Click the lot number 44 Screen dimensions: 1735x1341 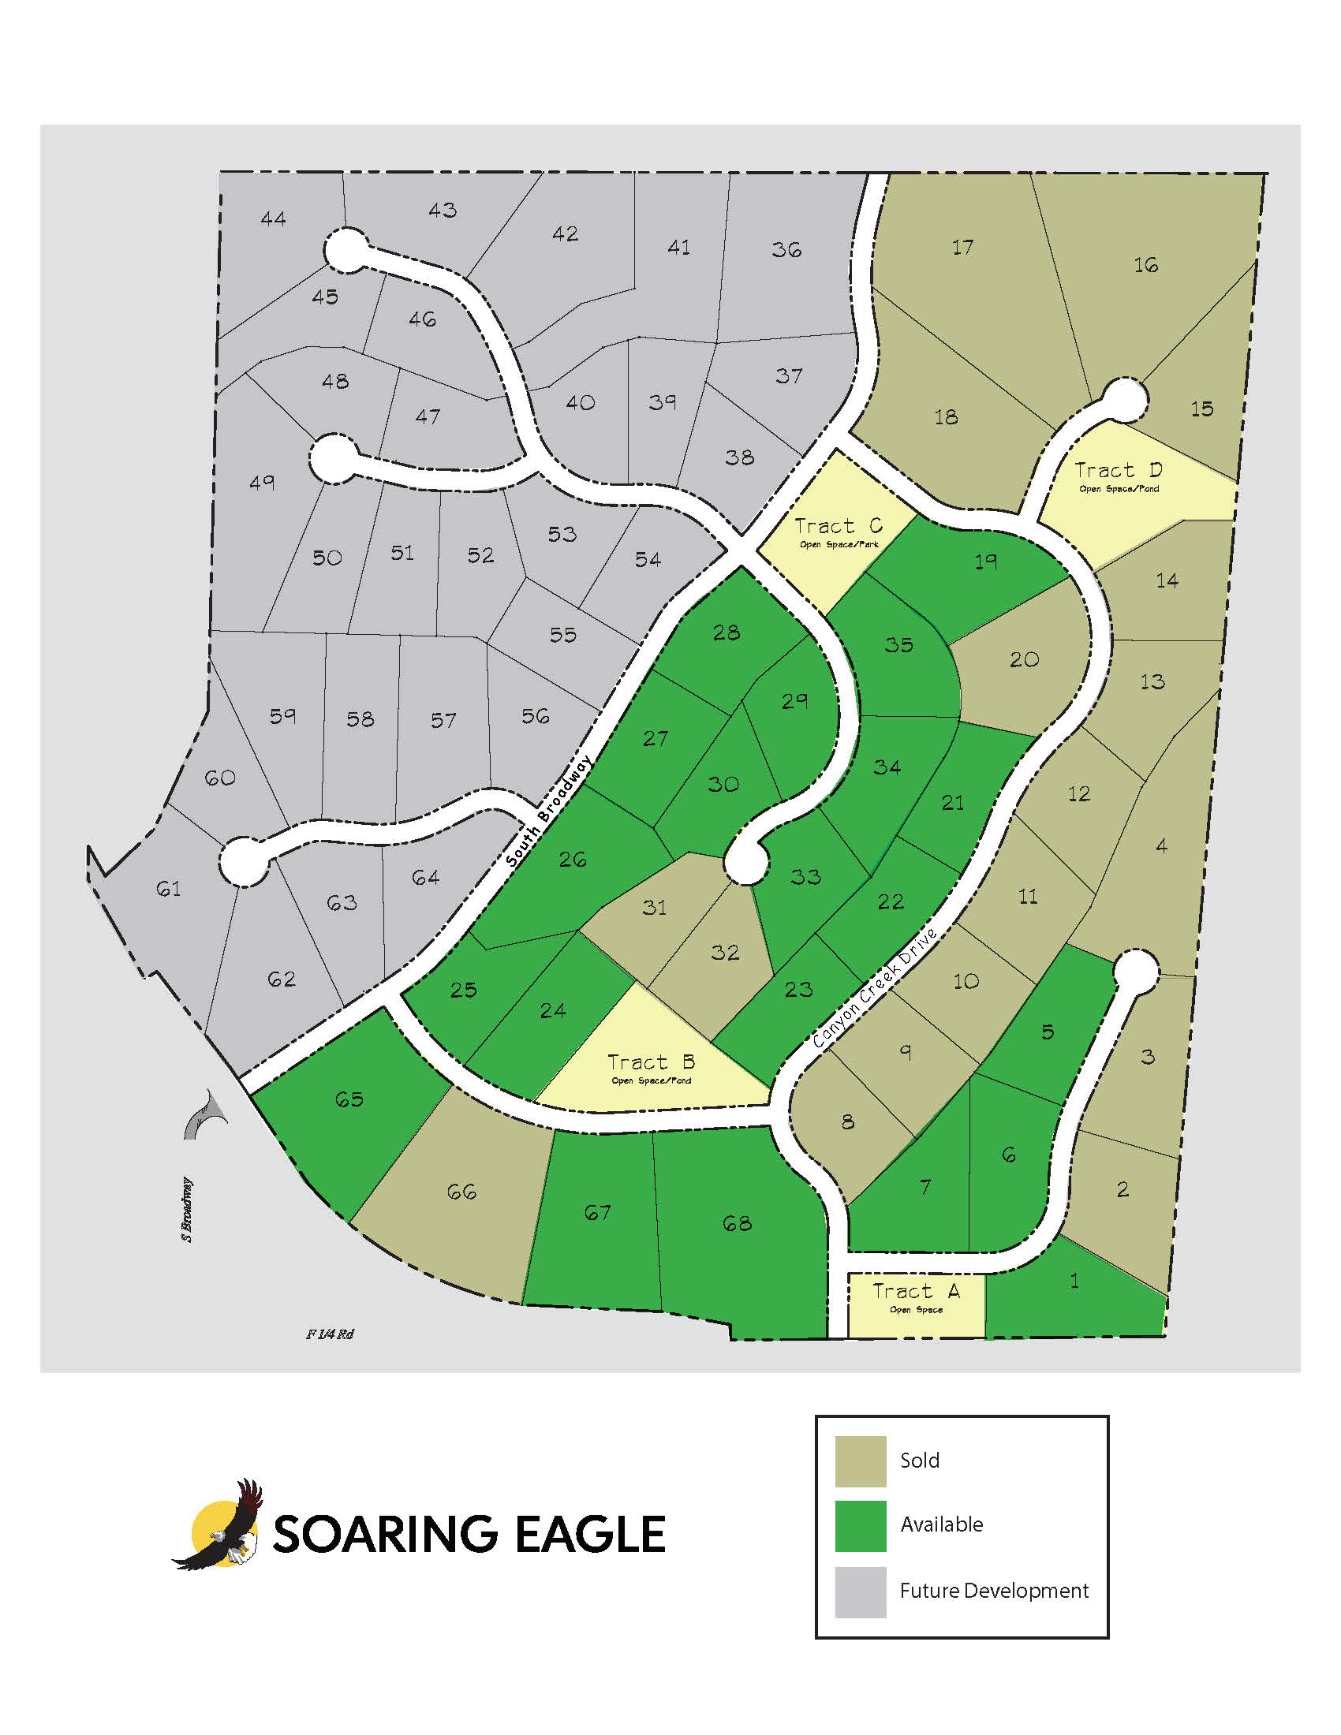point(273,218)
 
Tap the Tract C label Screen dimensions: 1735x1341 point(838,527)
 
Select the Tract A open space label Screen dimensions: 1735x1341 point(916,1293)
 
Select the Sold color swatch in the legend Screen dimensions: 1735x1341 point(861,1461)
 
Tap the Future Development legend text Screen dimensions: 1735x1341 point(993,1591)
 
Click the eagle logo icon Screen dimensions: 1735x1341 point(220,1523)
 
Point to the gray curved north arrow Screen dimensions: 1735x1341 point(205,1114)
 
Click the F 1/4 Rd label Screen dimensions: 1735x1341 point(330,1334)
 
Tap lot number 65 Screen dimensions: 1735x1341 point(349,1099)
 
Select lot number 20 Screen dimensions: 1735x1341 point(1024,659)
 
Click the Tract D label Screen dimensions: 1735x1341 point(1118,471)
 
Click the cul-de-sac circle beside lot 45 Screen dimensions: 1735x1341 point(346,249)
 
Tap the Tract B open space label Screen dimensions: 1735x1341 point(651,1063)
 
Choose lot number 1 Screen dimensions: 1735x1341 point(1075,1281)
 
